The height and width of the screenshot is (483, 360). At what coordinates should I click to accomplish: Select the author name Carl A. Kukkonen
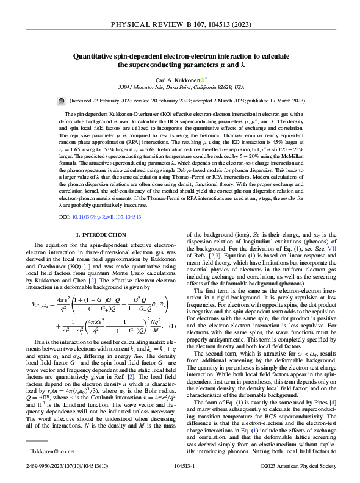tap(179, 79)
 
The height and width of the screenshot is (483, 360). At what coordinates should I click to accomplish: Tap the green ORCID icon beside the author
tap(203, 79)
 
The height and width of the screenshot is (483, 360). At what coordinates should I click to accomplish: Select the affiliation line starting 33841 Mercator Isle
tap(181, 88)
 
